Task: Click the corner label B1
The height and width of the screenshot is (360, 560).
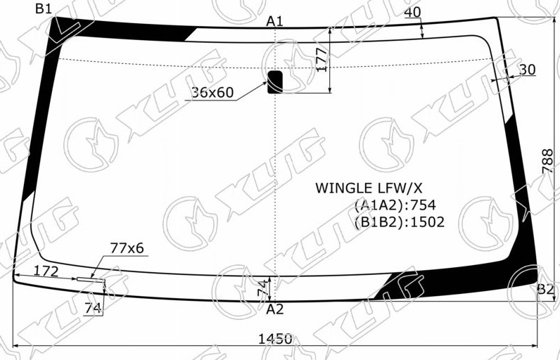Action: (44, 8)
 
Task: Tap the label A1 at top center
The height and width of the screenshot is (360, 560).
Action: (274, 21)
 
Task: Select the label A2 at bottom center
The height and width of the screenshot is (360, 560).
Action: (274, 309)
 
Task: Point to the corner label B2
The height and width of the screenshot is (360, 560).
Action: (546, 289)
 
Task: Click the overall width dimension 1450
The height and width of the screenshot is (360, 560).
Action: (275, 339)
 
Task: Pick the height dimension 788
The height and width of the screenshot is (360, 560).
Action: (547, 161)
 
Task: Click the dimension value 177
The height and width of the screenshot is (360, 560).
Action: (322, 60)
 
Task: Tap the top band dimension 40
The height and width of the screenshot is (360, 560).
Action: (413, 12)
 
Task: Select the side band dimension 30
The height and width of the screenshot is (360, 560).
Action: (527, 69)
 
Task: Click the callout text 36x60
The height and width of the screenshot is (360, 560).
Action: (213, 92)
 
